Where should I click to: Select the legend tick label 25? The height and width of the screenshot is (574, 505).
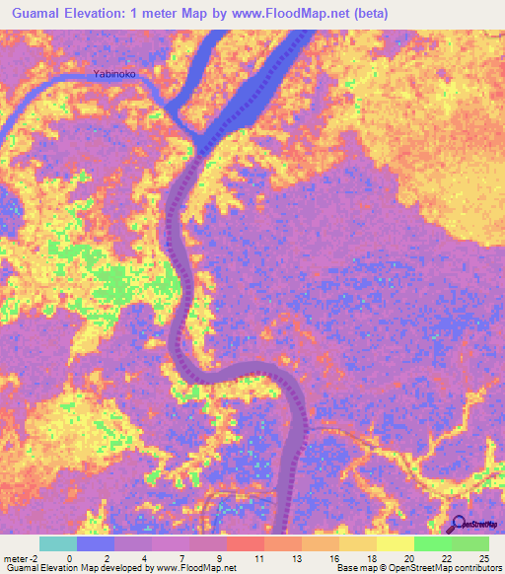click(482, 558)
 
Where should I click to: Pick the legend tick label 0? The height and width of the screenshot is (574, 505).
click(69, 558)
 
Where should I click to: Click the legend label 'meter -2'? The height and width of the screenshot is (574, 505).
click(21, 558)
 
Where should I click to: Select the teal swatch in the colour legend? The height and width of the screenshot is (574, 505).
click(58, 543)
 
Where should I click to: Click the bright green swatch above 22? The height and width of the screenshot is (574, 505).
click(432, 543)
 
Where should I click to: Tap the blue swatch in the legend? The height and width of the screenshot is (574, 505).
click(96, 543)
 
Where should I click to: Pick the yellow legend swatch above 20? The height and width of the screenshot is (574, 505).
click(395, 543)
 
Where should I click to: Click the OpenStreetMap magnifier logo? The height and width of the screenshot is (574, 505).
click(459, 526)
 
